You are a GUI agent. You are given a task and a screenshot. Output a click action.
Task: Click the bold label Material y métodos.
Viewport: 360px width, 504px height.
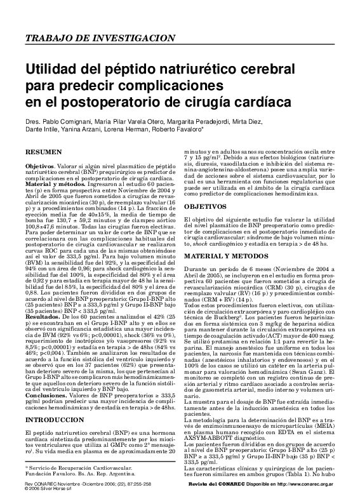pos(53,183)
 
